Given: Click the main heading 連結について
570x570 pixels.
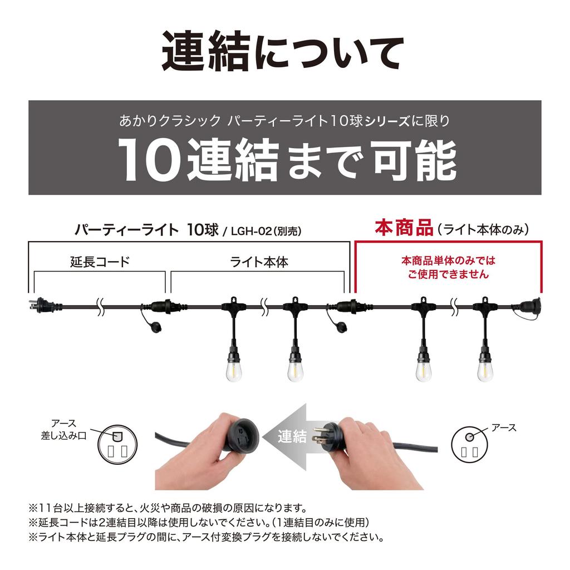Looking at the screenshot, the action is point(283,51).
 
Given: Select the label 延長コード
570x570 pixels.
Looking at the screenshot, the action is point(100,262).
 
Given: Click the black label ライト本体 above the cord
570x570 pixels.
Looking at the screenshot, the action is point(259,262).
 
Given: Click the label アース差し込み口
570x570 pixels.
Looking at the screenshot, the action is point(64,430).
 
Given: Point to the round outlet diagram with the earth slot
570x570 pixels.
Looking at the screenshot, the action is point(117,444).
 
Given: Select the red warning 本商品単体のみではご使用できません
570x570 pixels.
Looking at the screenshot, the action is point(448,267).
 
